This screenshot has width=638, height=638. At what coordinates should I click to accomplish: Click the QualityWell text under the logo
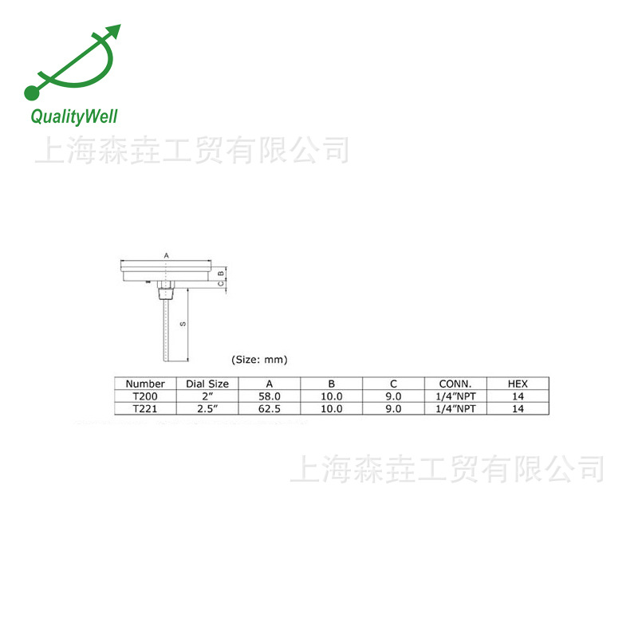pos(73,117)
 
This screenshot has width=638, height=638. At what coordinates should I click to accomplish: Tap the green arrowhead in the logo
pos(113,32)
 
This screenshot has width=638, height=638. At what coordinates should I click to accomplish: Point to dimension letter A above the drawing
pos(166,254)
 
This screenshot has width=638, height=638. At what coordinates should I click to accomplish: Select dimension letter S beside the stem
pos(183,324)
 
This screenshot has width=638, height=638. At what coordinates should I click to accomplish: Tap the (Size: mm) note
pos(259,360)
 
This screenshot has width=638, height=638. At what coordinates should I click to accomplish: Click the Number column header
pos(145,384)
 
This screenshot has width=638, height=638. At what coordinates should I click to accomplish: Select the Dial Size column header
pos(207,384)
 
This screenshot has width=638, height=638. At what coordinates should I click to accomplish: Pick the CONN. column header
pos(455,384)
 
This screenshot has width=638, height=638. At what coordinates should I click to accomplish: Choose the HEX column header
pos(518,384)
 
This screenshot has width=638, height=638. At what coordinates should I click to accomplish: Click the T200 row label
pos(145,396)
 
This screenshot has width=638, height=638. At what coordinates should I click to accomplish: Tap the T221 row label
pos(145,408)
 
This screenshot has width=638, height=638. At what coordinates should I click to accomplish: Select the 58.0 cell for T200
pos(270,396)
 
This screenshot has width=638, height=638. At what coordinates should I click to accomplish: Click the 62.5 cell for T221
pos(270,408)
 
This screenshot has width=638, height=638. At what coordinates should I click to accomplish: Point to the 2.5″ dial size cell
pos(207,408)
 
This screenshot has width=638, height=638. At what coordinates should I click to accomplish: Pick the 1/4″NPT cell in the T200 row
pos(455,396)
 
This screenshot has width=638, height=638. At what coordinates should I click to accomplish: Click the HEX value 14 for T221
pos(518,408)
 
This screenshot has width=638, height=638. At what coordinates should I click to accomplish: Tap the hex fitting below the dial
pos(164,286)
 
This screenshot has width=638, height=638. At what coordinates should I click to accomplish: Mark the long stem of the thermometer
pos(164,327)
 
